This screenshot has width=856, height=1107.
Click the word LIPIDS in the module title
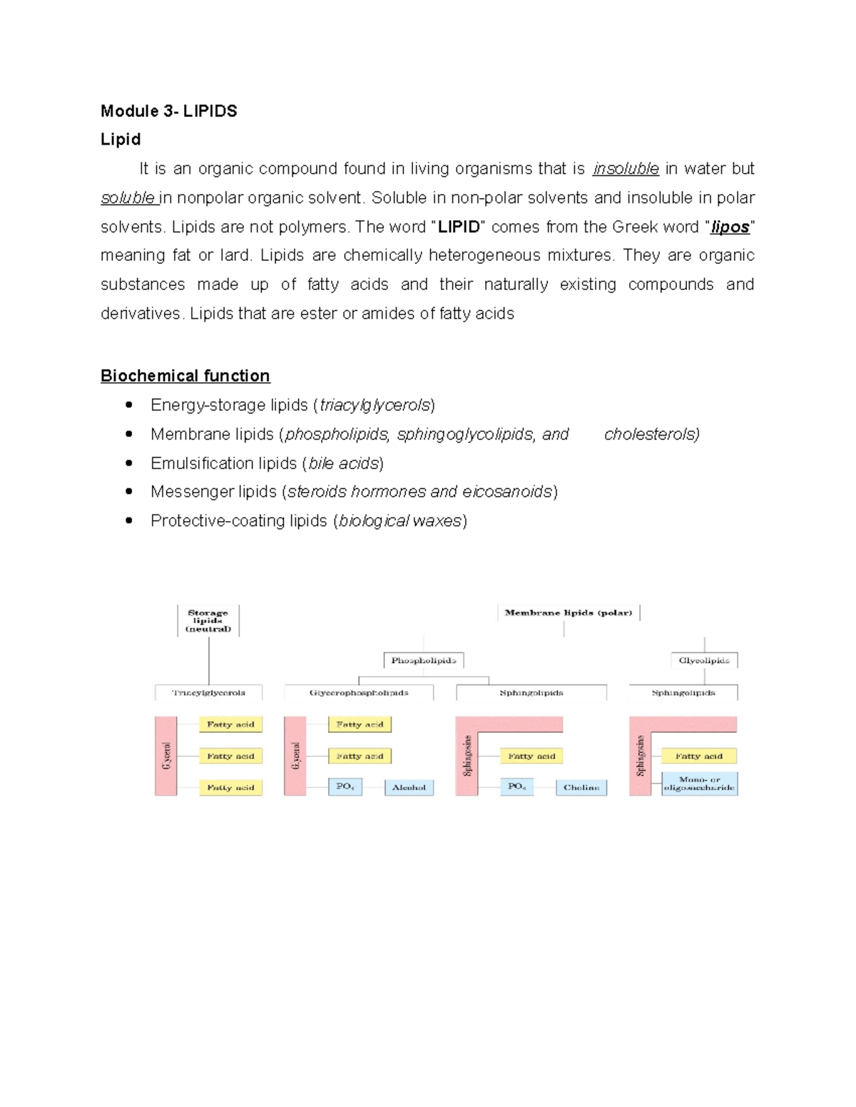tap(210, 111)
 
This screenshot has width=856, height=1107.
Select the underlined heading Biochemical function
tap(185, 376)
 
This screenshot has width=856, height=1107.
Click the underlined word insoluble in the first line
tap(626, 169)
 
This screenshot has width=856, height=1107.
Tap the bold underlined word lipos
tap(730, 227)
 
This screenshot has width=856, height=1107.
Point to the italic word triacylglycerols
tap(374, 406)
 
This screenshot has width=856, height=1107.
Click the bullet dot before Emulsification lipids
tap(129, 463)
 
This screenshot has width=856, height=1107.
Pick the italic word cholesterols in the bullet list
tap(651, 435)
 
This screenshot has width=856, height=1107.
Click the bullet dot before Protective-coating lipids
tap(129, 521)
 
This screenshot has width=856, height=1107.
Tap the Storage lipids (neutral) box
tap(208, 621)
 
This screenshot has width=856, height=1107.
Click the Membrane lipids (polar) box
tap(569, 613)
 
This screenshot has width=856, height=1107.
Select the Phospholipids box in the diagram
tap(424, 661)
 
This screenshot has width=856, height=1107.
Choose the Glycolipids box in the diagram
tap(704, 661)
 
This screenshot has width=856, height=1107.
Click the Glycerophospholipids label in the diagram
tap(359, 693)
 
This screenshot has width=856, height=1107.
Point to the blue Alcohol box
tap(409, 788)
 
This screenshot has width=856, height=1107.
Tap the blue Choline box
tap(581, 788)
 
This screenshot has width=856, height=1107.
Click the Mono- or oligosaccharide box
tap(699, 784)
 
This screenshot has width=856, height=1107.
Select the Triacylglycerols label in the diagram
tap(208, 693)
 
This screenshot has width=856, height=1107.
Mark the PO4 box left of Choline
tap(516, 787)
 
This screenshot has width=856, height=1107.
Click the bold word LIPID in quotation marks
tap(458, 227)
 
